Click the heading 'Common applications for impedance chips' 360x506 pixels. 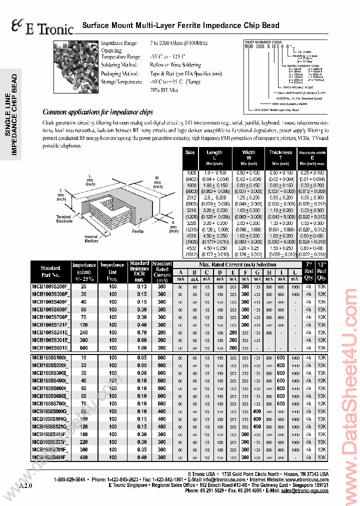click(x=98, y=112)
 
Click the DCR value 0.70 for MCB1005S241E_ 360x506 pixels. click(x=142, y=332)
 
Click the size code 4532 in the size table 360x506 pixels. click(x=190, y=247)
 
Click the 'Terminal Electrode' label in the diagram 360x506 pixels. click(x=64, y=218)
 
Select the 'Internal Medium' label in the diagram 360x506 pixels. click(x=91, y=239)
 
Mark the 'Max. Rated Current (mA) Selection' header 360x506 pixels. click(x=237, y=264)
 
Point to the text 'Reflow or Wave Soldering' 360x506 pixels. click(x=175, y=65)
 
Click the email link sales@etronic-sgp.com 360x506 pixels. click(x=304, y=491)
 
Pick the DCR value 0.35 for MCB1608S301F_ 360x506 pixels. click(x=142, y=449)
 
